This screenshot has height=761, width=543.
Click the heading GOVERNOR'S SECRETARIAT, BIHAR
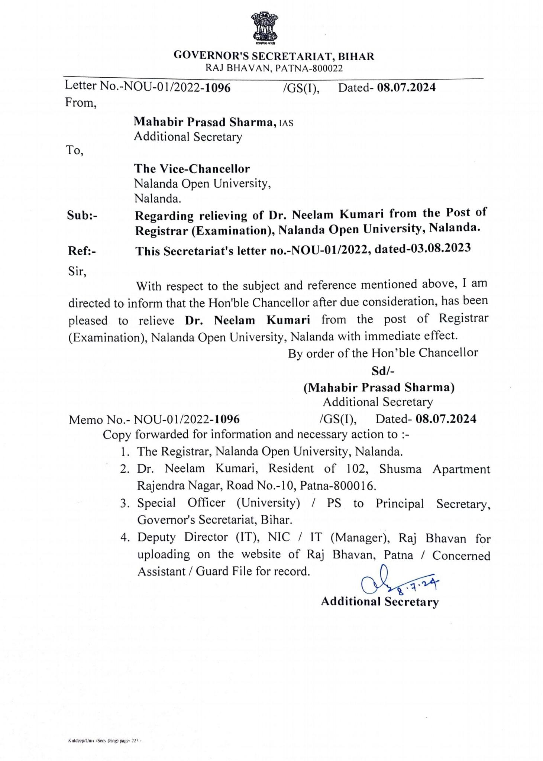(x=274, y=56)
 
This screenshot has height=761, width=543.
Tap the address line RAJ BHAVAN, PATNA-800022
(x=274, y=68)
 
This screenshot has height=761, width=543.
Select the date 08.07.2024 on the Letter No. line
(x=406, y=87)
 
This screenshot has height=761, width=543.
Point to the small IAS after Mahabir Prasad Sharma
(x=286, y=123)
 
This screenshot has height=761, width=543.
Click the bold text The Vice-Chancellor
(x=192, y=169)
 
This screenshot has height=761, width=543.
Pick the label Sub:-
(x=82, y=215)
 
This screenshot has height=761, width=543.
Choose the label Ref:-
(x=82, y=251)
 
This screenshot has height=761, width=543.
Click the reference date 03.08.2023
(x=441, y=248)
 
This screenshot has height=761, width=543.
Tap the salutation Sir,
(x=77, y=271)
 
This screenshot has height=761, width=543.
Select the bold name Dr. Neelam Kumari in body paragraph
(x=248, y=320)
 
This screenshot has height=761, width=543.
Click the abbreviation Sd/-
(x=383, y=370)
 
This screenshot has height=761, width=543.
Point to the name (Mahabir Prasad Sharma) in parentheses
(x=379, y=388)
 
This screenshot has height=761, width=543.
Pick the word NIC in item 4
(x=279, y=537)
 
